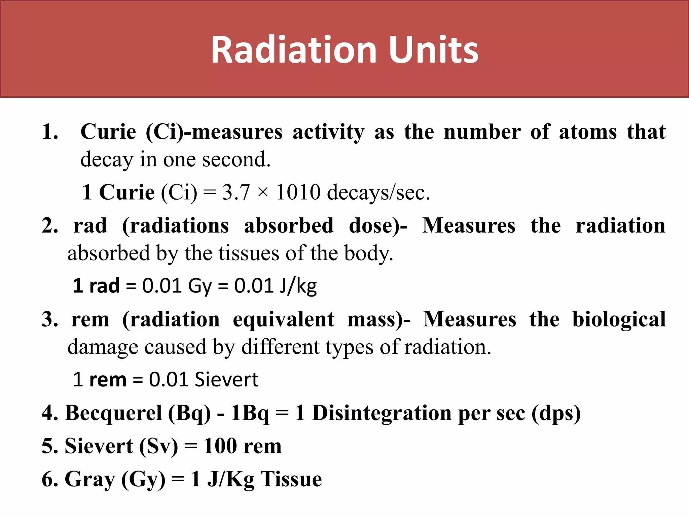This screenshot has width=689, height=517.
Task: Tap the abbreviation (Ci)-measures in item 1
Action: pyautogui.click(x=214, y=132)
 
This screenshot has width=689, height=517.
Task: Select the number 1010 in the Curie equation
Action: pyautogui.click(x=298, y=193)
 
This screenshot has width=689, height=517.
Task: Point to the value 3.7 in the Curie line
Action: pyautogui.click(x=236, y=193)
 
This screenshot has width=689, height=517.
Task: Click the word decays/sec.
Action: pyautogui.click(x=378, y=193)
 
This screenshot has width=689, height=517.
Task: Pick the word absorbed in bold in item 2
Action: pyautogui.click(x=289, y=226)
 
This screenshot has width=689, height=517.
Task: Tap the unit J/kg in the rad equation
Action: pyautogui.click(x=298, y=286)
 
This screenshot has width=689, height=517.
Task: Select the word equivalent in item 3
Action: pyautogui.click(x=283, y=320)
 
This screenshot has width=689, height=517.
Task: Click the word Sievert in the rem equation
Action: pyautogui.click(x=226, y=380)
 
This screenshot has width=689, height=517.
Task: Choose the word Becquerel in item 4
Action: pyautogui.click(x=113, y=413)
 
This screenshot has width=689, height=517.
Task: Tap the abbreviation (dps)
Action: pyautogui.click(x=556, y=413)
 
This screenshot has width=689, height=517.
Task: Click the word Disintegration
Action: pyautogui.click(x=382, y=413)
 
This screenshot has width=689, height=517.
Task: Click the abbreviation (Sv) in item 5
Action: pyautogui.click(x=158, y=446)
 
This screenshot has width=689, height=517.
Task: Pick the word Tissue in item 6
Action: pyautogui.click(x=291, y=479)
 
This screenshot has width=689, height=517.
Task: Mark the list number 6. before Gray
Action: pyautogui.click(x=50, y=479)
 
